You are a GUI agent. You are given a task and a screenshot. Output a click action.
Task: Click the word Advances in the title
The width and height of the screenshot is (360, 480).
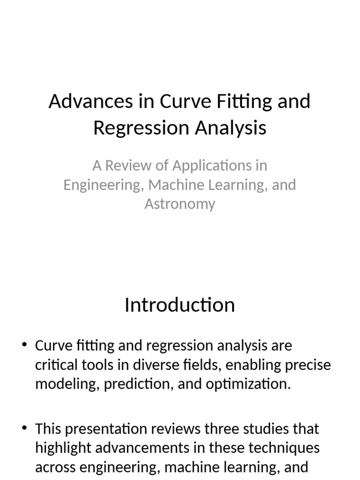coord(91,101)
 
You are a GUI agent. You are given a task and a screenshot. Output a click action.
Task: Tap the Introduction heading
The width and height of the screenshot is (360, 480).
coord(180,305)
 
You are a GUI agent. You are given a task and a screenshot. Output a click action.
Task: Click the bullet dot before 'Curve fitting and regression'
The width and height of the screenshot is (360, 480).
coord(24,345)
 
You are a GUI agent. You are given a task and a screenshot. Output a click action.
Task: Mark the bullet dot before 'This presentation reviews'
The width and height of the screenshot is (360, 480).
coord(24,427)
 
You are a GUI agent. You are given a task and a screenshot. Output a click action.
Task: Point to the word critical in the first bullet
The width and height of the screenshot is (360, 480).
coord(56,365)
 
